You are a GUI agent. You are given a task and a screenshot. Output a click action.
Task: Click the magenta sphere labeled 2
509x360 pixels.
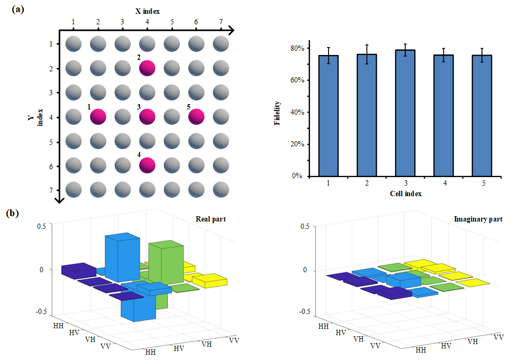(147, 68)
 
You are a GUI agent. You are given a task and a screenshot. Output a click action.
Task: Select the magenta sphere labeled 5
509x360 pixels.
(196, 116)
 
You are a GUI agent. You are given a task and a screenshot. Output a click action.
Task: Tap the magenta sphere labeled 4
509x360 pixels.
(147, 165)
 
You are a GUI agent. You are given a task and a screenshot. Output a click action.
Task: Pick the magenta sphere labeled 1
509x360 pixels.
(98, 116)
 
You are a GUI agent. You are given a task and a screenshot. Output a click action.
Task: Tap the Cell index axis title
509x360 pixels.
(405, 193)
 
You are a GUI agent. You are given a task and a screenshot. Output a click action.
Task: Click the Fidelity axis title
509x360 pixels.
(278, 112)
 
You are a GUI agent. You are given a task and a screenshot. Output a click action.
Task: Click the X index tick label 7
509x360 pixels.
(221, 22)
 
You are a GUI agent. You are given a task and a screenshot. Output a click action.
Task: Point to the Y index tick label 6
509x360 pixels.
(50, 166)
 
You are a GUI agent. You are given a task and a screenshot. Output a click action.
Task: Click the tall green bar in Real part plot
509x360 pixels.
(166, 262)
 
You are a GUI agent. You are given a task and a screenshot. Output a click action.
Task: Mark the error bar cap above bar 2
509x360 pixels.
(367, 45)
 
